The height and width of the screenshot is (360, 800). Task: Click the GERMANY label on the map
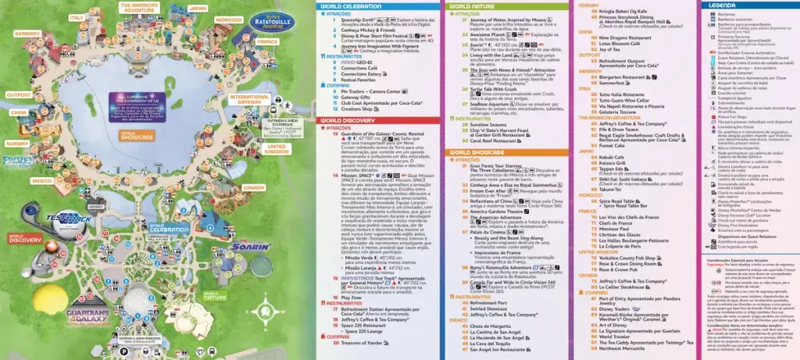pos(27,34)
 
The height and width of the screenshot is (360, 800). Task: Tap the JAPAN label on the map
pos(198,9)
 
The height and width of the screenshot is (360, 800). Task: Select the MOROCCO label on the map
pos(229,19)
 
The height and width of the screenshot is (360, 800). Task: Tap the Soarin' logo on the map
pos(250,247)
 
